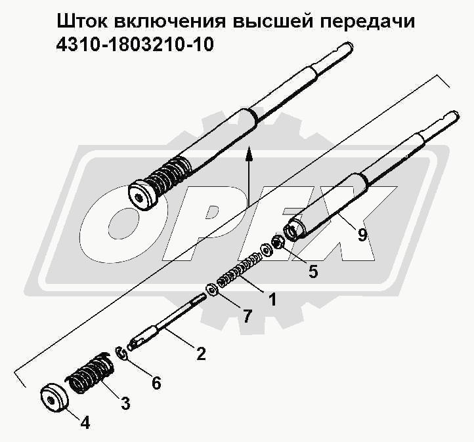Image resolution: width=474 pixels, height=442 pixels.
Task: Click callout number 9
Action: coord(362,234)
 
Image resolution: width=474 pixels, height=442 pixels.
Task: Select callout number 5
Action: coord(313,271)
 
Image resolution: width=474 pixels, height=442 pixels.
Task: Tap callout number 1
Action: coord(272,299)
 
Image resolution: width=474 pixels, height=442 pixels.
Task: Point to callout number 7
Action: coord(247,316)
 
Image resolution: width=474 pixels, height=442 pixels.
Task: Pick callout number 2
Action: coord(200,353)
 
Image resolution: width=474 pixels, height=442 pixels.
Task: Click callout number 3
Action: coord(125,403)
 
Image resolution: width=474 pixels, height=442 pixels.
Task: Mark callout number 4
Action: coord(85,422)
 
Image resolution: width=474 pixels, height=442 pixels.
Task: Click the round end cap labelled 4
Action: coord(54,397)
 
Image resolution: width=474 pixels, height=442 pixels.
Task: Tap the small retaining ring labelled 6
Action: coord(121,353)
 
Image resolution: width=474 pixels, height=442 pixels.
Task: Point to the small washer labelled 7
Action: coord(212,291)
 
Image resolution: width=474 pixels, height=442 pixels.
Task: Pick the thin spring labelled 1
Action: coord(240,271)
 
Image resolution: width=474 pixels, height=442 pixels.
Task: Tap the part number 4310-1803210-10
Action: coord(135,45)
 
